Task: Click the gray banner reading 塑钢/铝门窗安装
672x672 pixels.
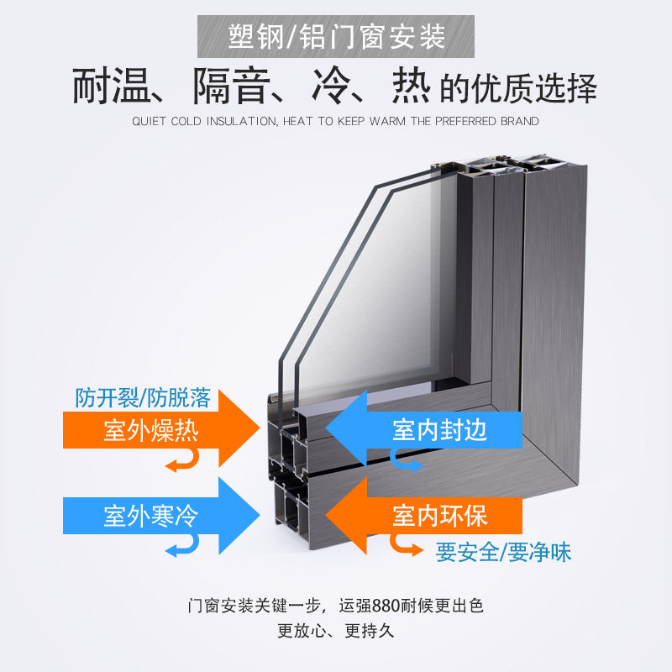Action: click(336, 36)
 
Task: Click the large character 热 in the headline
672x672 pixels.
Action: click(412, 87)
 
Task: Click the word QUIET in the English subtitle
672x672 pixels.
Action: click(150, 121)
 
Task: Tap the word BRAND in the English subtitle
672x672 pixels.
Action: click(518, 121)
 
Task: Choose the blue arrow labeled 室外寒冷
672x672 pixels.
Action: click(160, 514)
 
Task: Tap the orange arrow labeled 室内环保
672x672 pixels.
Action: click(428, 514)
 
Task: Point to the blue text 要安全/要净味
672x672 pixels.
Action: click(504, 553)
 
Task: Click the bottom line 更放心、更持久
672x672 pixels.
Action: click(336, 630)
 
